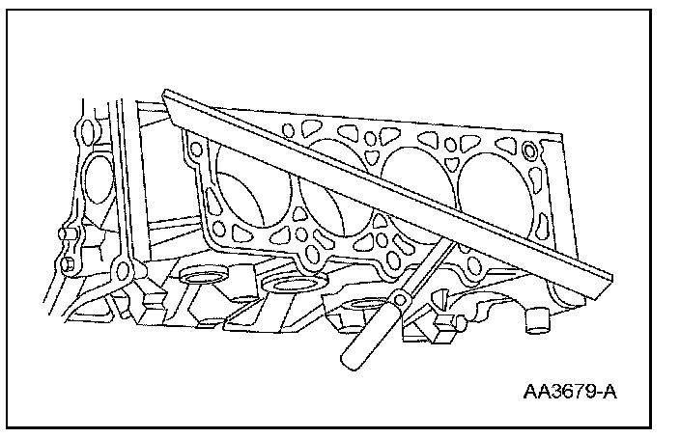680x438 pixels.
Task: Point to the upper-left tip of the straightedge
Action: (x=166, y=96)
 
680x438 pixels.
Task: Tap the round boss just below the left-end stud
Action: (x=69, y=262)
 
